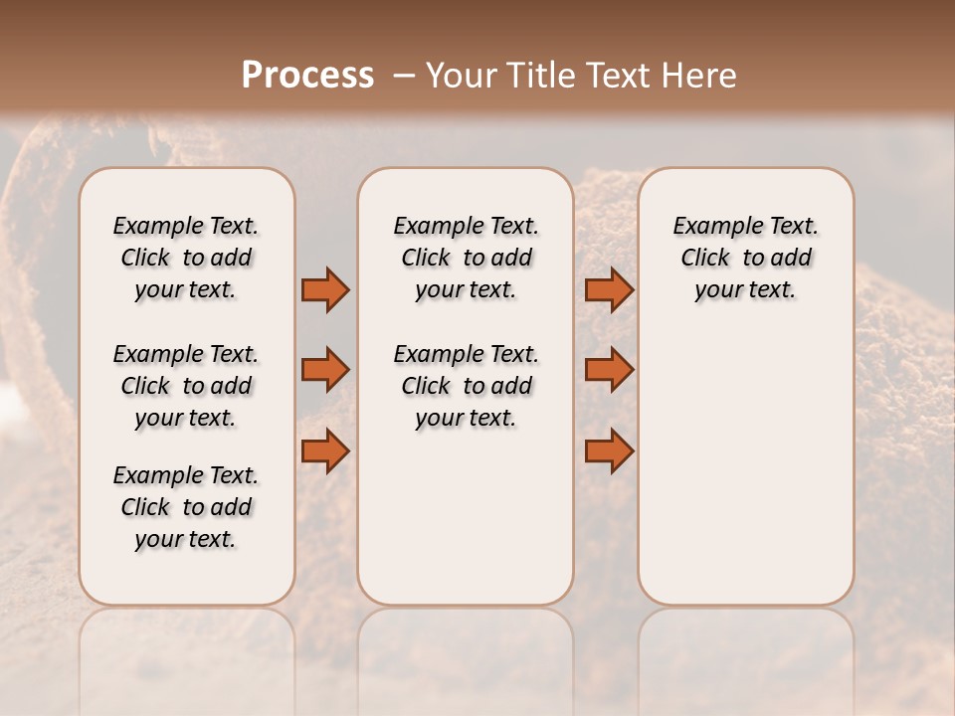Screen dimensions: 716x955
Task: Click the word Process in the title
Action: coord(307,76)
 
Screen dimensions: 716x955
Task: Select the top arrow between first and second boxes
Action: coord(325,289)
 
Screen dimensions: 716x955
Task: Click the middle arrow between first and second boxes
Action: coord(325,370)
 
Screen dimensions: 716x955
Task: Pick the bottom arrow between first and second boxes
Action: coord(325,450)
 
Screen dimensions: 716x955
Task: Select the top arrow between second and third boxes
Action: coord(609,289)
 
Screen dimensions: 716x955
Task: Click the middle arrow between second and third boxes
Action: coord(609,370)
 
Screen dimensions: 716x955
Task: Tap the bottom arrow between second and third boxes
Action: coord(609,450)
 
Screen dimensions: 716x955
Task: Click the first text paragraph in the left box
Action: coord(186,258)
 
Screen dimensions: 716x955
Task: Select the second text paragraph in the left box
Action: coord(186,386)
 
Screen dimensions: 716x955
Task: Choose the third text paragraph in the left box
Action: coord(186,507)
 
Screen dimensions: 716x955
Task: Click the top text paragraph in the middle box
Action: coord(466,258)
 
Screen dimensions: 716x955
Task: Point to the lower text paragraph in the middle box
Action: coord(466,386)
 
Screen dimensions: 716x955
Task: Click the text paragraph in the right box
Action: coord(745,258)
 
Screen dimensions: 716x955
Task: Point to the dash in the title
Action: coord(403,76)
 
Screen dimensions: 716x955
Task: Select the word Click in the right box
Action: coord(705,259)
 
